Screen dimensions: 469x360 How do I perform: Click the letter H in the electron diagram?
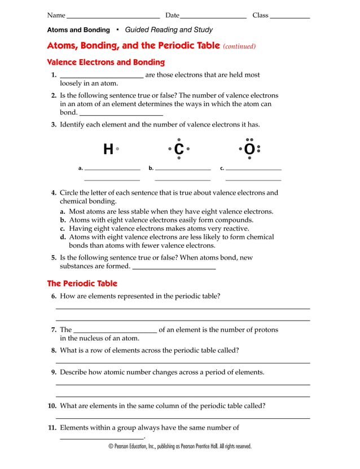click(x=108, y=150)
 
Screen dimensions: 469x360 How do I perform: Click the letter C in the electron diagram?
click(x=179, y=150)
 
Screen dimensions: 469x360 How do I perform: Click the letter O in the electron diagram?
click(x=249, y=150)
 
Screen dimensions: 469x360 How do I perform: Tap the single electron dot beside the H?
click(x=117, y=149)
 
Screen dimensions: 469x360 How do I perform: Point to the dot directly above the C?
click(x=179, y=139)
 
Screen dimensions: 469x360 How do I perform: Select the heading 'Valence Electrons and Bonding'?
click(x=106, y=62)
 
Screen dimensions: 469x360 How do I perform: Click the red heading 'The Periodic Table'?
click(x=82, y=283)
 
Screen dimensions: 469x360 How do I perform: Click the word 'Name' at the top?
click(x=56, y=15)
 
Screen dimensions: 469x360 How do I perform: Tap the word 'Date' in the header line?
click(x=172, y=15)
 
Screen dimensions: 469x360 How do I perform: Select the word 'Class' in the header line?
click(x=260, y=15)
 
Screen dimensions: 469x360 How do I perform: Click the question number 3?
click(x=54, y=125)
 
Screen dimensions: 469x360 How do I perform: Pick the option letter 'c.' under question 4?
click(x=64, y=229)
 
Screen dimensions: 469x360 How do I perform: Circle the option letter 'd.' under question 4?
click(x=64, y=237)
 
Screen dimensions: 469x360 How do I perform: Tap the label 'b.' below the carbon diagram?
click(x=151, y=168)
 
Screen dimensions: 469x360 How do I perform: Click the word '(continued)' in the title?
click(x=240, y=46)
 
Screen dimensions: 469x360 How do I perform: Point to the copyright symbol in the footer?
click(x=111, y=446)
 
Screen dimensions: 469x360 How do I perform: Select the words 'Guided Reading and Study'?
click(x=169, y=30)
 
